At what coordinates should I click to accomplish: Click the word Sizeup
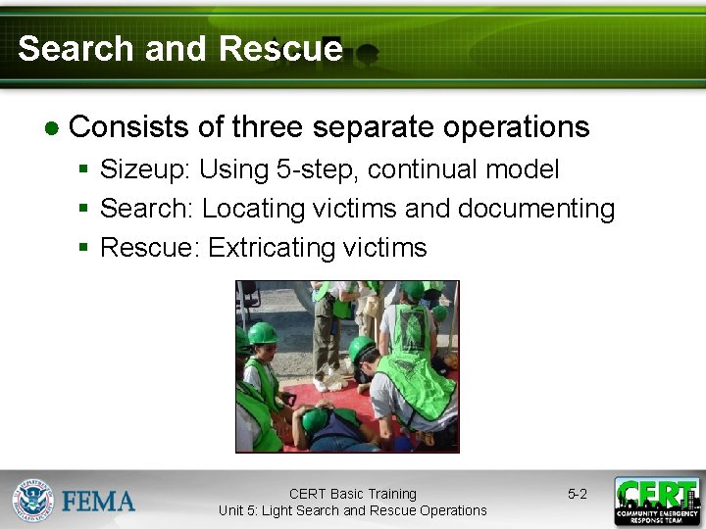[x=145, y=169]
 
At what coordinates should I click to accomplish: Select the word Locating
[x=254, y=209]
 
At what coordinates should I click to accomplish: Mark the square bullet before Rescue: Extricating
[x=84, y=248]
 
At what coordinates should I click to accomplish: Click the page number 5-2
[x=578, y=495]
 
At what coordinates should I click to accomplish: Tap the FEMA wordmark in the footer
[x=98, y=502]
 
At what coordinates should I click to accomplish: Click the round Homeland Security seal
[x=33, y=501]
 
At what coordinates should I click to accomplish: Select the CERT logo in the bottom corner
[x=657, y=501]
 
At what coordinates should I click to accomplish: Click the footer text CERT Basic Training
[x=353, y=494]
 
